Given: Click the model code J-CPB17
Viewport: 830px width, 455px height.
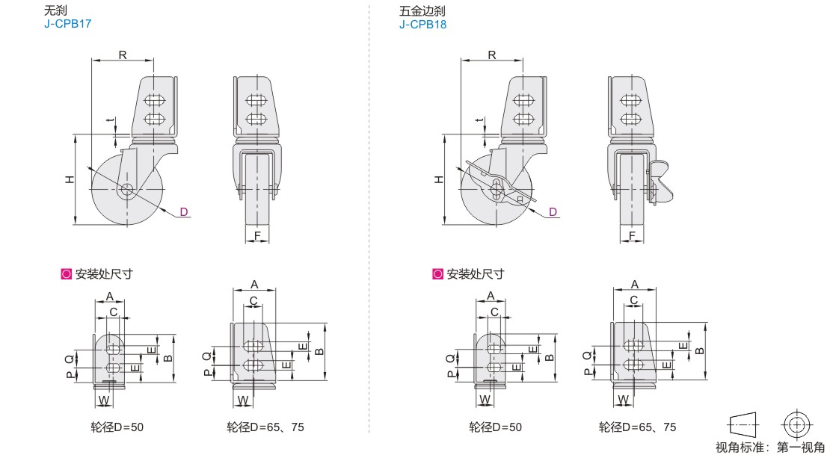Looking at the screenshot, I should (x=67, y=24).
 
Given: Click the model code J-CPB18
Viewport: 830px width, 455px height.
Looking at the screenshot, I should (x=423, y=24).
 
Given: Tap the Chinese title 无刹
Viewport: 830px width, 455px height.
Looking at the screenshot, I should (x=55, y=11).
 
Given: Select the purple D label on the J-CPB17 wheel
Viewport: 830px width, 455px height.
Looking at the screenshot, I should (x=182, y=211).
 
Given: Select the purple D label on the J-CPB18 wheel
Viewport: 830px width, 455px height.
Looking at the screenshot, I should (x=553, y=211).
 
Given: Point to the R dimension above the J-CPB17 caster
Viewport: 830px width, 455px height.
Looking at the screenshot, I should (x=122, y=54).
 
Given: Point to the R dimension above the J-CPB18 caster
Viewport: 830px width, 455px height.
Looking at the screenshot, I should (x=491, y=54).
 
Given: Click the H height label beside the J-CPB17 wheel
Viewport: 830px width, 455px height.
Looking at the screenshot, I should (x=68, y=179).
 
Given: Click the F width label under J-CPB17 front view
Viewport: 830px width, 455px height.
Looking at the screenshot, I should (x=257, y=237).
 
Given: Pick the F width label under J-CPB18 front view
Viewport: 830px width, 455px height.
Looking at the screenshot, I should (x=632, y=237).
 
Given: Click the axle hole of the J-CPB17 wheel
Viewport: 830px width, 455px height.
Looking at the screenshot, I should (x=126, y=190).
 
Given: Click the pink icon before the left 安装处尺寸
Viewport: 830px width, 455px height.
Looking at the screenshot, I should (x=65, y=274).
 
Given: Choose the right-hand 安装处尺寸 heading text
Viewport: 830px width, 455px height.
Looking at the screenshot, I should (x=475, y=274).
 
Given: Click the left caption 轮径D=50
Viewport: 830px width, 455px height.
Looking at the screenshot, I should (x=117, y=427).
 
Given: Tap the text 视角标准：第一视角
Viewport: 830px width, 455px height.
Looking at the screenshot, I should (x=770, y=447).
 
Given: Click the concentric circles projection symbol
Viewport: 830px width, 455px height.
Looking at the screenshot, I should (x=797, y=424).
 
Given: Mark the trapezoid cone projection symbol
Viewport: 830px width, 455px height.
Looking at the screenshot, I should (x=743, y=424).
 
